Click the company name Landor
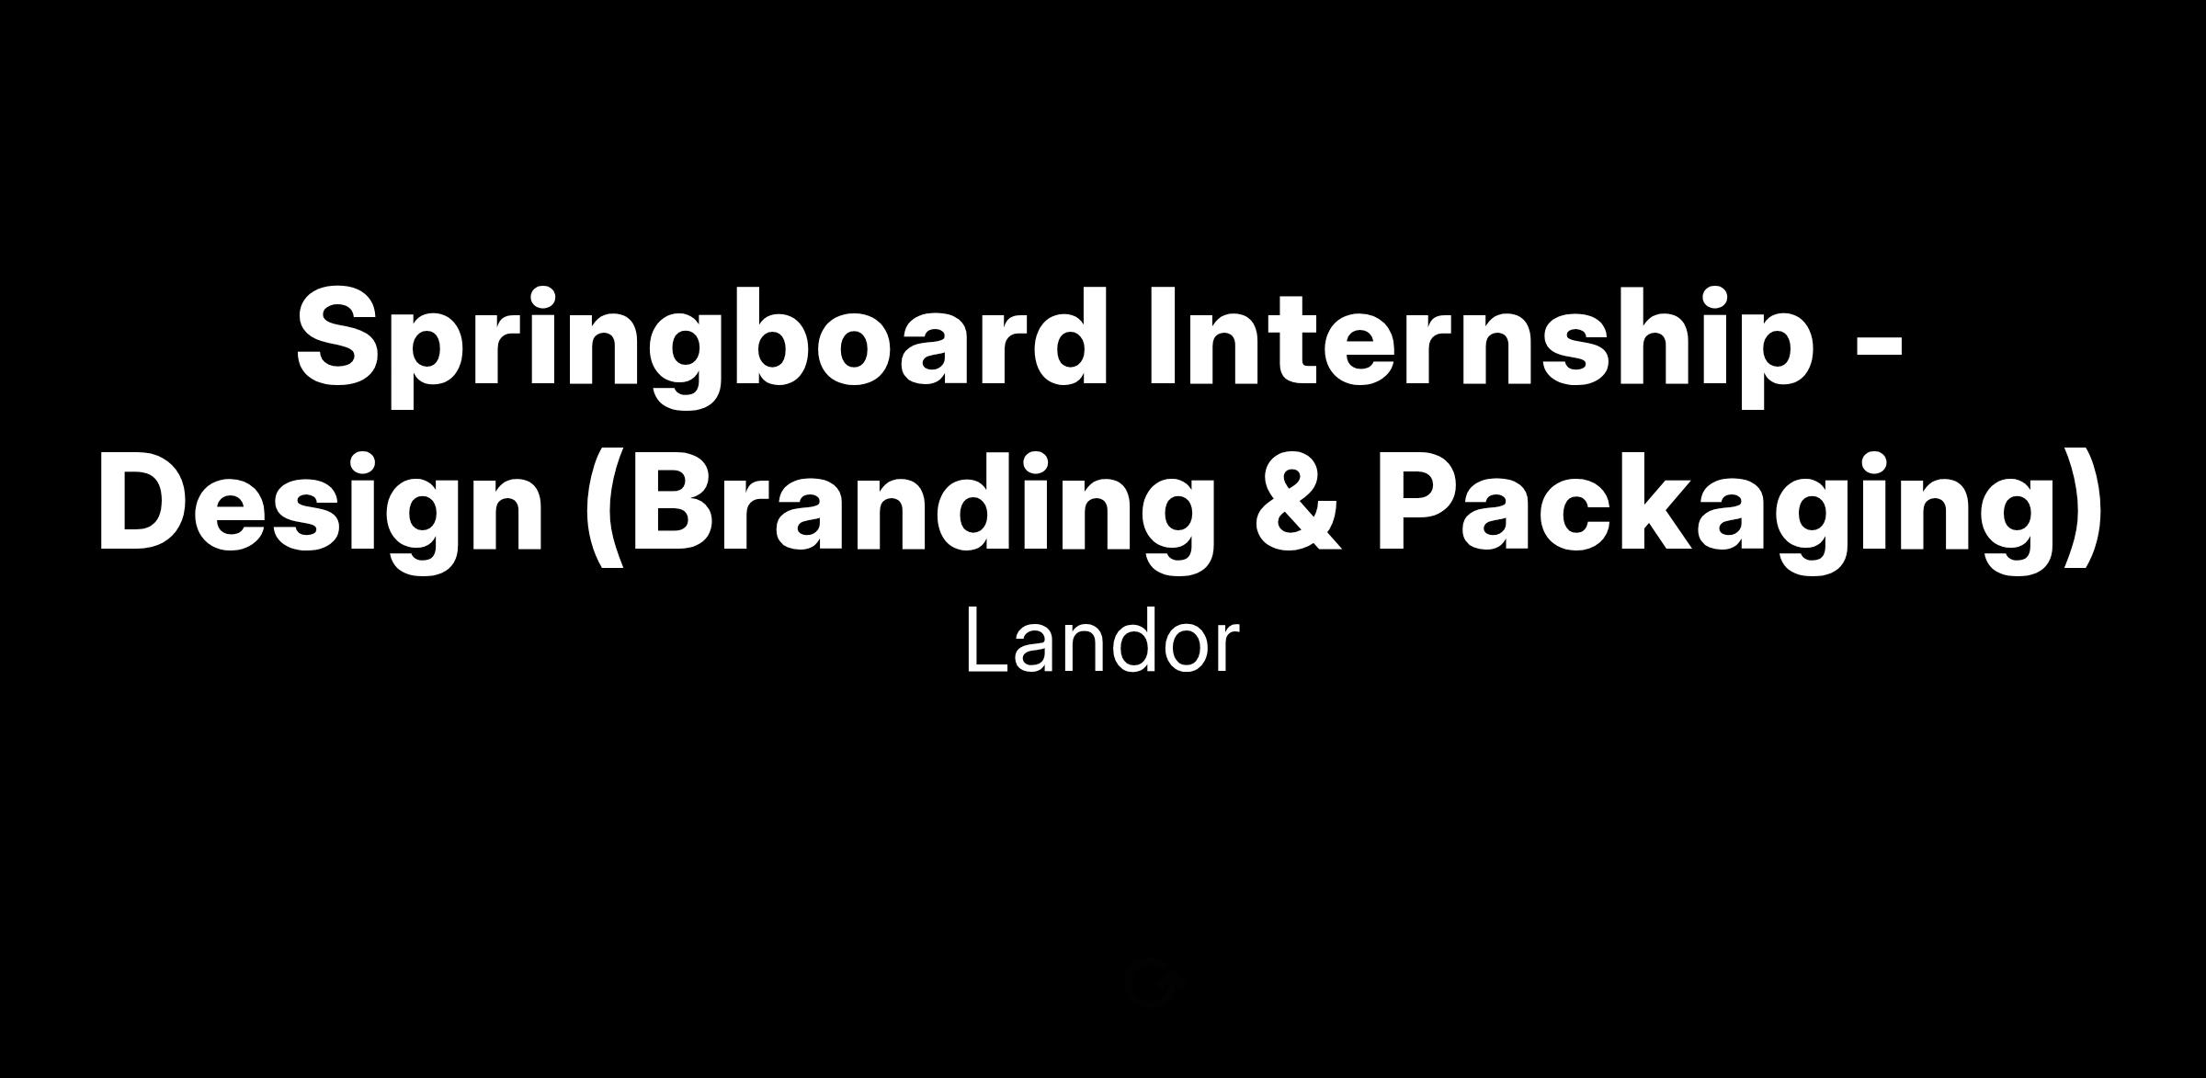pos(1102,642)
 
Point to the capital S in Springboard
pos(339,335)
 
